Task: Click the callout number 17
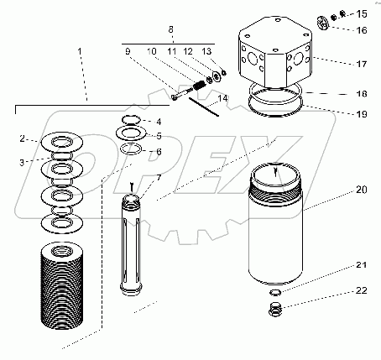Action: click(361, 64)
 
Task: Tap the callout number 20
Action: click(361, 190)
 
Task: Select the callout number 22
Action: click(361, 290)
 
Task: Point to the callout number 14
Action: click(222, 99)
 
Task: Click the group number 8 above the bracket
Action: click(170, 29)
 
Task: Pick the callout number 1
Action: click(80, 51)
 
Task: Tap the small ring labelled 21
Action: click(275, 293)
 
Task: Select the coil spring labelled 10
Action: click(199, 85)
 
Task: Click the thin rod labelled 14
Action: click(204, 107)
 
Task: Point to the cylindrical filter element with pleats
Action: click(62, 285)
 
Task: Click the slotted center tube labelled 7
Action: click(131, 245)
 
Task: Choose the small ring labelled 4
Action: click(131, 120)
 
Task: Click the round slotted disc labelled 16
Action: click(323, 23)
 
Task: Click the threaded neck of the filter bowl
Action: click(275, 192)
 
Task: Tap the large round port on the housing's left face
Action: click(253, 59)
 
